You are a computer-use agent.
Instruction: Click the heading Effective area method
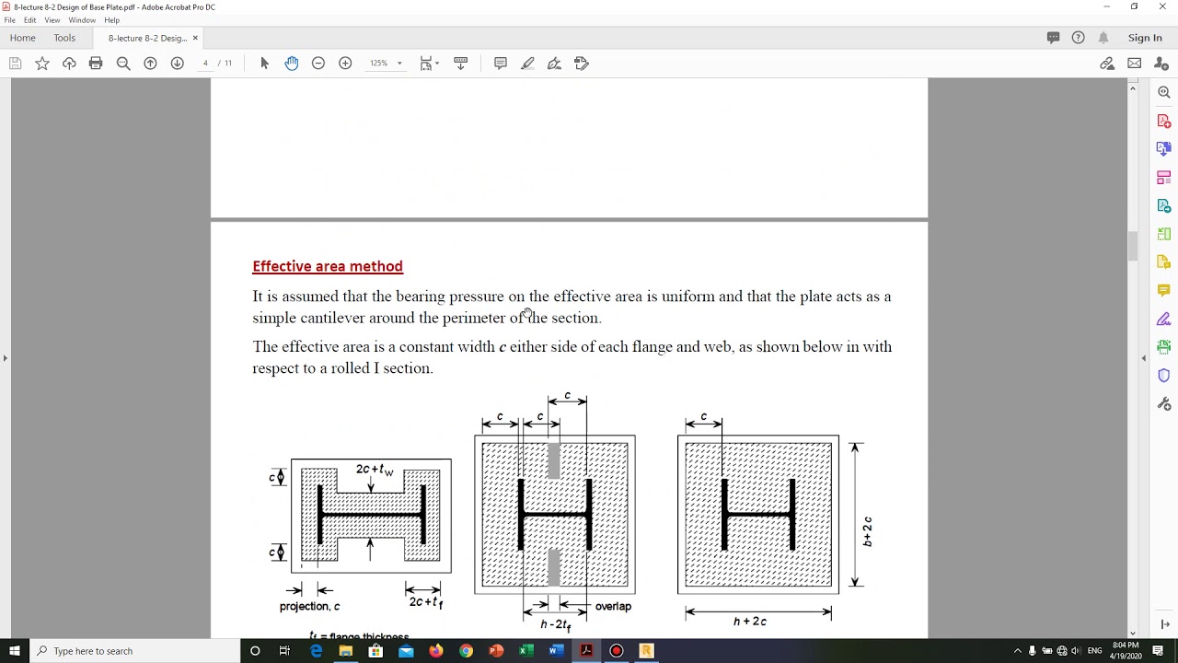click(328, 266)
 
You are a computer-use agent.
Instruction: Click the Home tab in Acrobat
click(23, 38)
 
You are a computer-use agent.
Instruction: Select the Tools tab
click(64, 38)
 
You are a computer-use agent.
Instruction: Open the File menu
click(10, 20)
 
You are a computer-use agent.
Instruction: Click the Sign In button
click(1145, 38)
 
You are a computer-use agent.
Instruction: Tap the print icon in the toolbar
click(96, 64)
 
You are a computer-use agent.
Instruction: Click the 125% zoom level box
click(379, 64)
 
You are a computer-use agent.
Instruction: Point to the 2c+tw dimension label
click(375, 470)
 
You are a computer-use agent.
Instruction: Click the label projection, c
click(309, 607)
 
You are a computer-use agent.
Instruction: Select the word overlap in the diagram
click(613, 607)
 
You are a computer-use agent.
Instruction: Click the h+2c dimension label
click(750, 622)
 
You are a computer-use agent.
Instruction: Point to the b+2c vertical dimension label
click(867, 531)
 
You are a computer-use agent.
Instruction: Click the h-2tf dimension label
click(556, 624)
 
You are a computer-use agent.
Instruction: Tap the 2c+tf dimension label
click(426, 602)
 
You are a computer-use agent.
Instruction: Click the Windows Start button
click(15, 651)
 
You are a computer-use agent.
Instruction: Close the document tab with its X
click(195, 38)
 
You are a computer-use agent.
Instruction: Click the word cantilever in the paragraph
click(334, 318)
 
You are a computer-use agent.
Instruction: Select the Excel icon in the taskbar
click(526, 651)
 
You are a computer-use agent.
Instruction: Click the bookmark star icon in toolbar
click(42, 64)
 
